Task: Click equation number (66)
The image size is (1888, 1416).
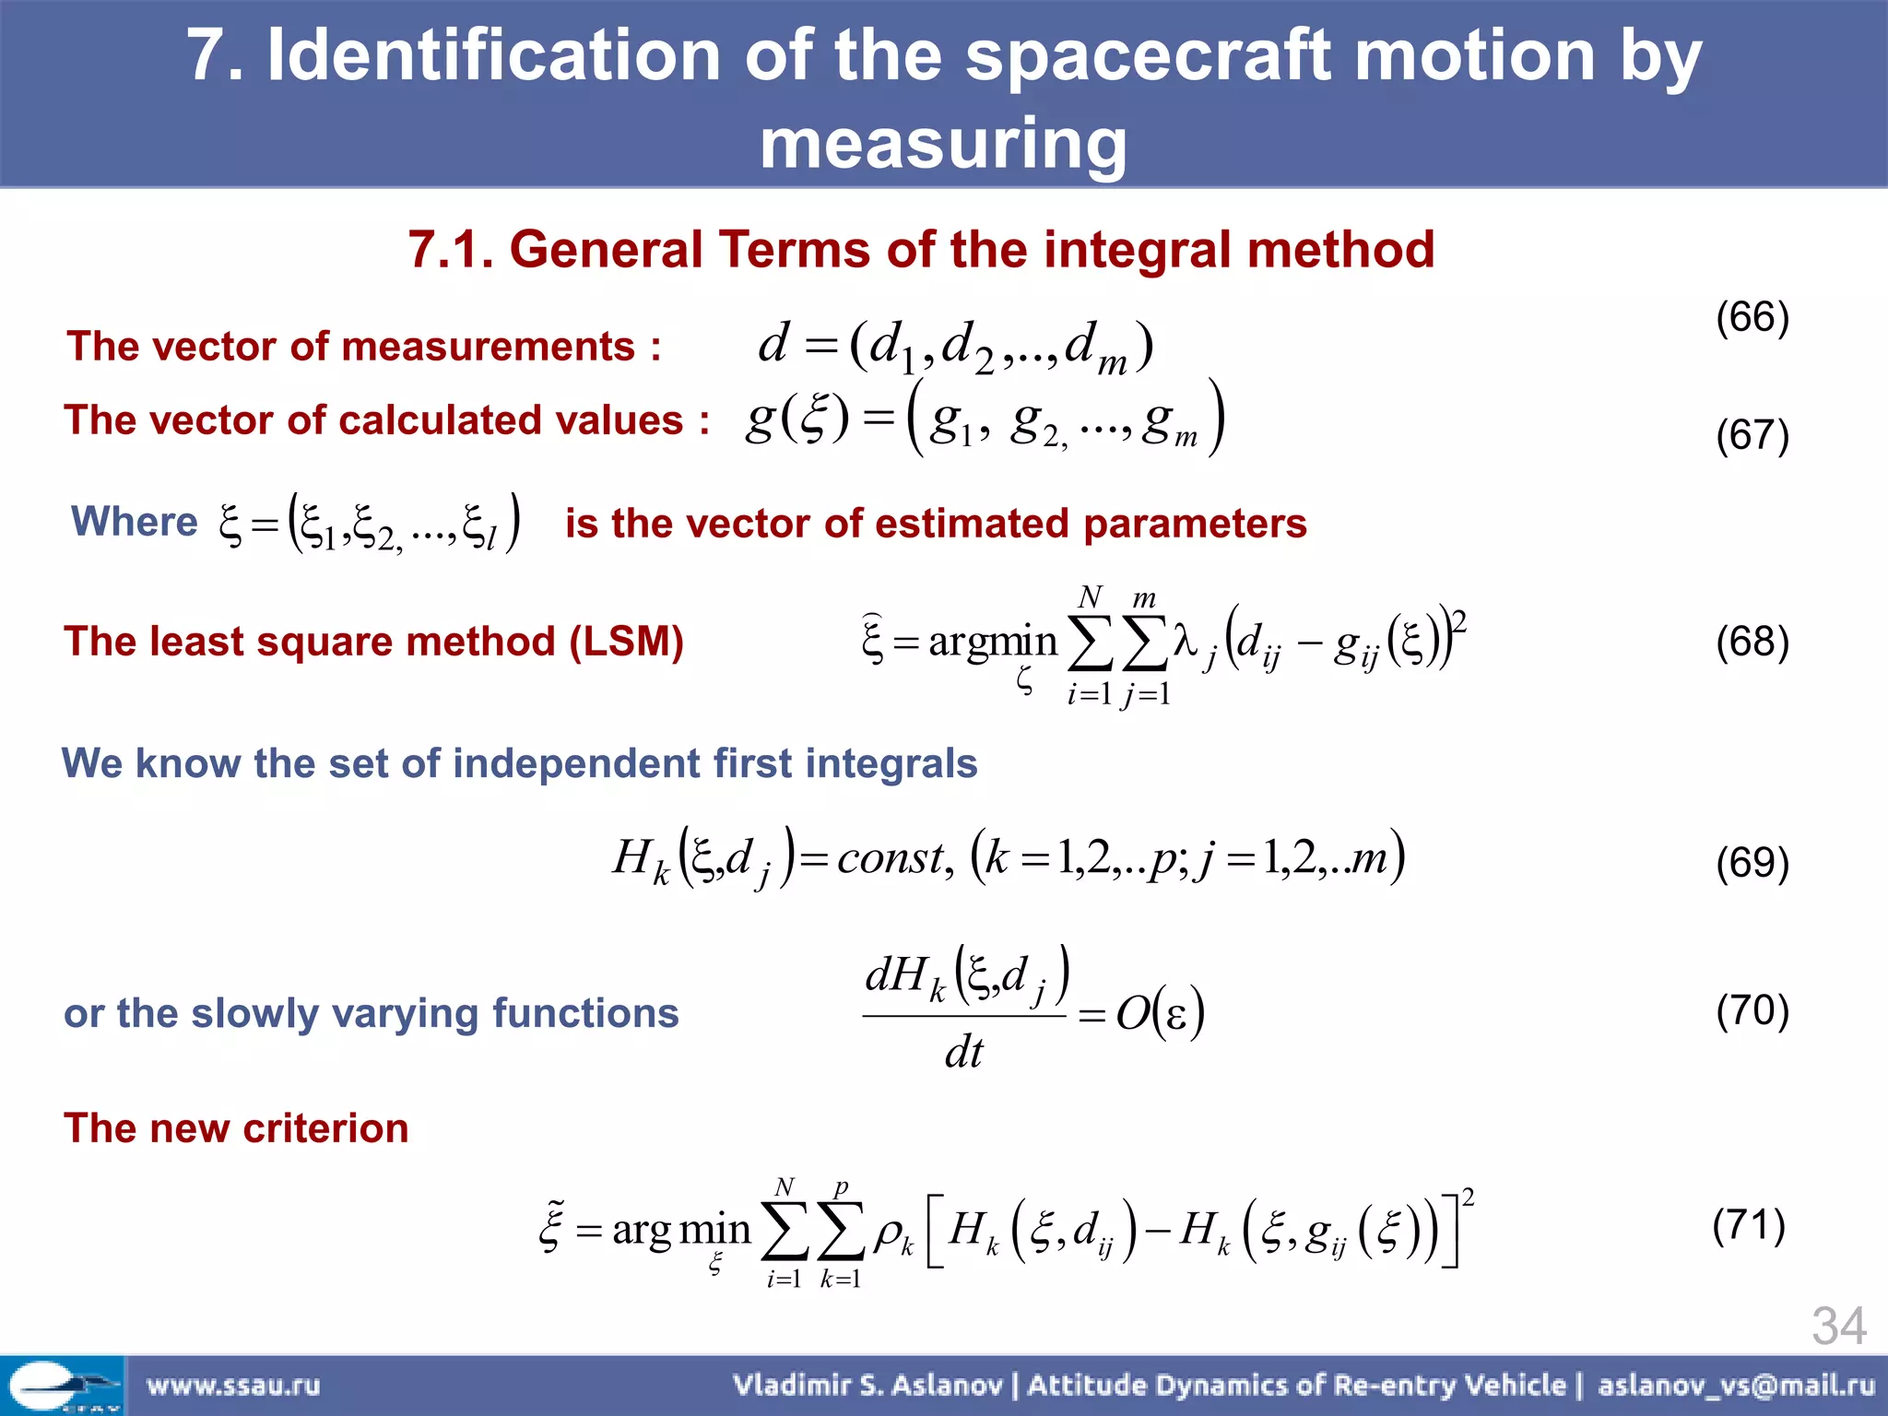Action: click(1752, 317)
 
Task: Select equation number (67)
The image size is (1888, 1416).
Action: click(1752, 434)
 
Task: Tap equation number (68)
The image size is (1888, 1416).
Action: click(1752, 641)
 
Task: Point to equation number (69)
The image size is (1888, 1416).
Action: click(1752, 862)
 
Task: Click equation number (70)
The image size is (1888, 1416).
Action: click(1752, 1009)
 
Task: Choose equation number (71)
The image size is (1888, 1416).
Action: click(1749, 1225)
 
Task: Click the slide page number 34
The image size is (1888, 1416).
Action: click(1838, 1326)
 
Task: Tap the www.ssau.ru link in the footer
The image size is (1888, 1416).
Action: click(233, 1385)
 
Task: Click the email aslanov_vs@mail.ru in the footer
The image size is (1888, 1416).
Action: click(1736, 1385)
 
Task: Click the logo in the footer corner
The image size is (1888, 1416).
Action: click(62, 1386)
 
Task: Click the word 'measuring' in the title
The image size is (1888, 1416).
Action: click(943, 144)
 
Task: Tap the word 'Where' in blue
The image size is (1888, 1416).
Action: click(135, 522)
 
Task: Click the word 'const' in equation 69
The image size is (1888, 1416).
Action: click(891, 858)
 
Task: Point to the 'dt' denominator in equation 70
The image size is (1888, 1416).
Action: click(963, 1052)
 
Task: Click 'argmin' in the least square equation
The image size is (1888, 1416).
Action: click(992, 642)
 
